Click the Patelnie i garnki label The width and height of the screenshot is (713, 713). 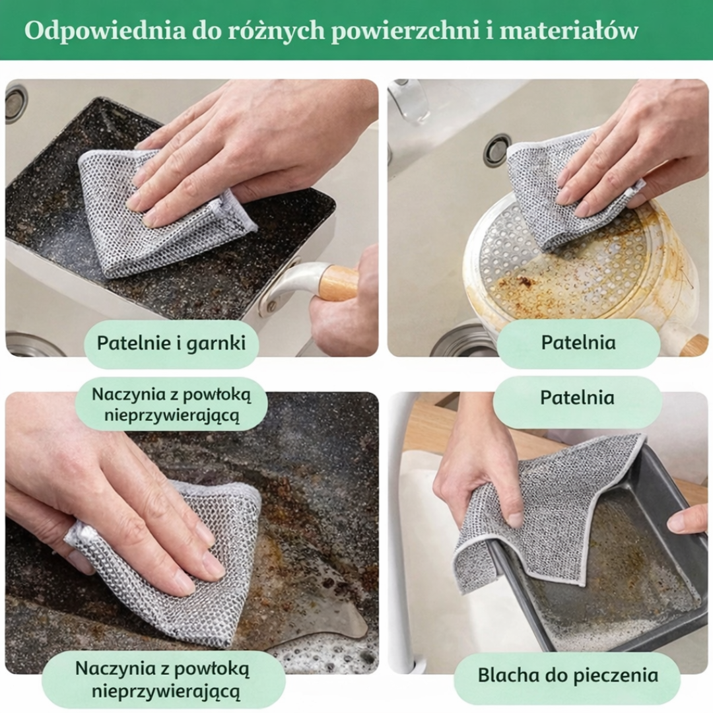point(171,343)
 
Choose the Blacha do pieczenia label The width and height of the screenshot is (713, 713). point(568,675)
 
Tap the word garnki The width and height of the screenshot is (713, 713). point(218,343)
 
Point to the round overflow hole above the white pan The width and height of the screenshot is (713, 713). point(497,150)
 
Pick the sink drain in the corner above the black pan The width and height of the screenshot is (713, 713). point(16,104)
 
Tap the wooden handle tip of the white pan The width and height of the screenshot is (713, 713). point(693,345)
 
